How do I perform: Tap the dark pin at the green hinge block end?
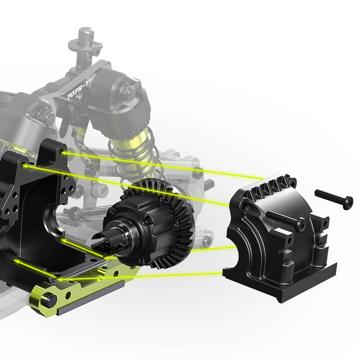pos(49,301)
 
